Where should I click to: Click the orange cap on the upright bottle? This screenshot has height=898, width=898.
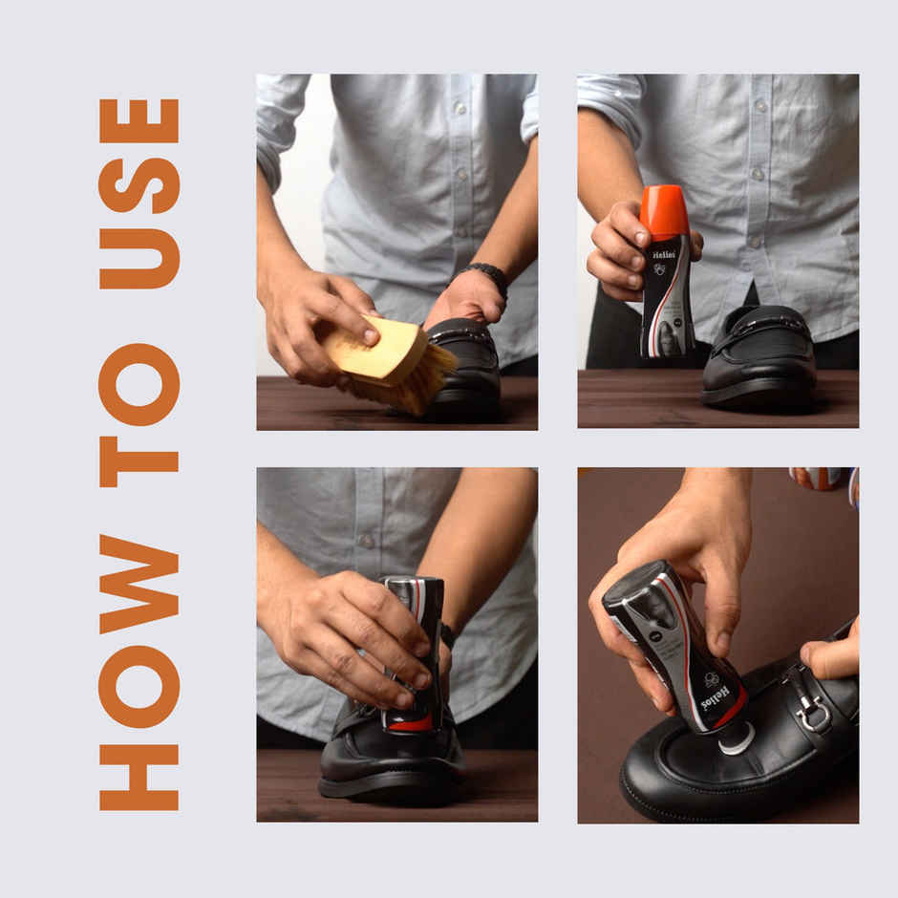(x=664, y=212)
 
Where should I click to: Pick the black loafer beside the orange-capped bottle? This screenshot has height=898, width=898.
(x=760, y=357)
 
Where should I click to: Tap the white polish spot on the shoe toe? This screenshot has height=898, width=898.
(x=737, y=738)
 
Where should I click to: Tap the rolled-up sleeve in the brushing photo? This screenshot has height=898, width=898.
(x=277, y=124)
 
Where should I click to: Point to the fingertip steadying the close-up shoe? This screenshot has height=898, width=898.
(x=820, y=658)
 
